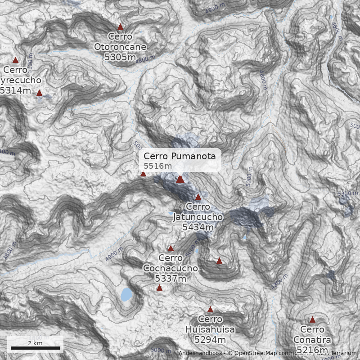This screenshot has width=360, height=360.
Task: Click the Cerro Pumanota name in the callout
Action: [x=180, y=156]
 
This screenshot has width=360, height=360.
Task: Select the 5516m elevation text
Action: [x=157, y=166]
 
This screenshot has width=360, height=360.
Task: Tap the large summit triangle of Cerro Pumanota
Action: [x=180, y=179]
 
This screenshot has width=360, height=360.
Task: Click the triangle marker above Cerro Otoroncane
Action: [x=120, y=27]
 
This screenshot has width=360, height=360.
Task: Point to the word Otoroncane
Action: [x=120, y=47]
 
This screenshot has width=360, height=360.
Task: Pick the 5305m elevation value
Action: [x=120, y=57]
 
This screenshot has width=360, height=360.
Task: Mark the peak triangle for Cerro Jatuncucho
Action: [x=198, y=197]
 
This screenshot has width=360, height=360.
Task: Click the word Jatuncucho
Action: [x=198, y=217]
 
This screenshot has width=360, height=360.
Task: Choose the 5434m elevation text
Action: [x=198, y=227]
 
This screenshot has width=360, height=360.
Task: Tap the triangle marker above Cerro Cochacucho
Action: [x=171, y=248]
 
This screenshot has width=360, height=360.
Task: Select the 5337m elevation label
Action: [x=171, y=279]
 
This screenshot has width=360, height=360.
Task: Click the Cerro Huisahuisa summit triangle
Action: [x=210, y=309]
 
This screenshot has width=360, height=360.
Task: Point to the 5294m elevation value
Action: [x=210, y=340]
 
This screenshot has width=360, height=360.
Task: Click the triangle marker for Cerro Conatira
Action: [x=312, y=319]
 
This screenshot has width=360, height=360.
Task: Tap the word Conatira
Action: [x=312, y=340]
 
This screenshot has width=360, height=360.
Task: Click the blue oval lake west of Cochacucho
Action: [x=126, y=295]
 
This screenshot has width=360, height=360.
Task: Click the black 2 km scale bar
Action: [x=35, y=348]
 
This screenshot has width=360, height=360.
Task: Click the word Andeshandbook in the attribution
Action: [x=200, y=354]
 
